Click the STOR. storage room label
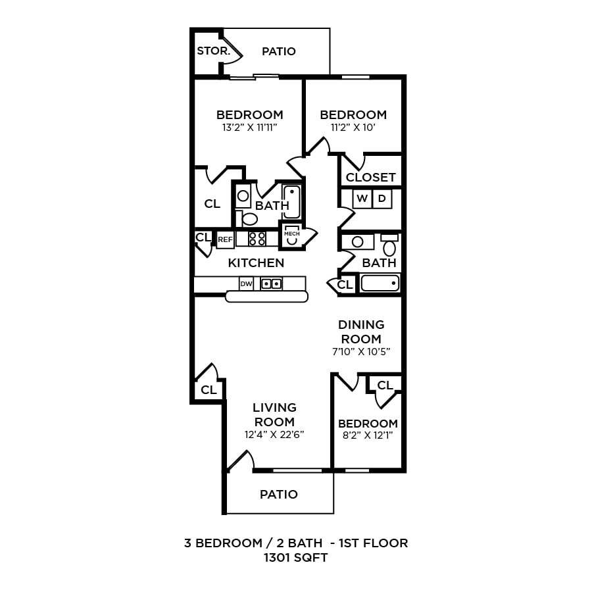213,51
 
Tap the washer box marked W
362,198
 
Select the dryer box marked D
382,198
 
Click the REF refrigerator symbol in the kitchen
225,239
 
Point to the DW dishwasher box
246,284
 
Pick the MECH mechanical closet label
291,234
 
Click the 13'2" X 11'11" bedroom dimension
249,128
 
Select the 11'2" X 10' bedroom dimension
353,128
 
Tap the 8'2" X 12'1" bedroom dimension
368,435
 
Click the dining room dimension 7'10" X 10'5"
361,351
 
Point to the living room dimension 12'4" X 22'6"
275,434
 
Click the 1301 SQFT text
295,558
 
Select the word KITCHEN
256,263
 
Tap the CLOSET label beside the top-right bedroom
370,177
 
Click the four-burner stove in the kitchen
257,239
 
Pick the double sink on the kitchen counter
272,284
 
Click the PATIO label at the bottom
278,494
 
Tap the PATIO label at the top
278,51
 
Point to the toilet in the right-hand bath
389,247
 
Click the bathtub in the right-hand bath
380,284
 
